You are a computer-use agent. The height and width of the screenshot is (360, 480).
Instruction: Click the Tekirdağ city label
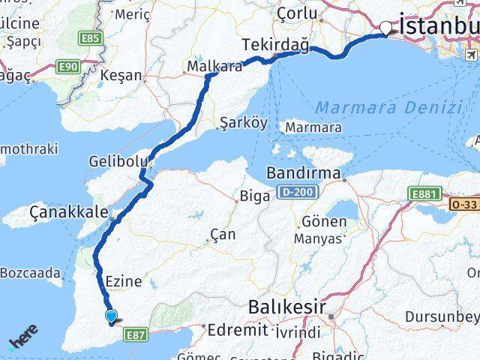click(275, 46)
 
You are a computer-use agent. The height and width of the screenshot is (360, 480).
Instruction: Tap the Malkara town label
click(214, 65)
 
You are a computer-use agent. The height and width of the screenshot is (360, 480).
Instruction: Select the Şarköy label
click(242, 123)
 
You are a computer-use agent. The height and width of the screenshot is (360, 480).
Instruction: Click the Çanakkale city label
click(68, 213)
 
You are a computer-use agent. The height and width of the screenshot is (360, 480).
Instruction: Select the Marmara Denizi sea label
click(388, 107)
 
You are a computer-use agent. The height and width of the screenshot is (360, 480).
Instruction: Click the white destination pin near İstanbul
click(386, 28)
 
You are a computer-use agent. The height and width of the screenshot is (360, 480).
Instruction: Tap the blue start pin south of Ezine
click(112, 317)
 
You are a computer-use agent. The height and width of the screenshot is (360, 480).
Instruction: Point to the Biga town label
click(249, 197)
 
